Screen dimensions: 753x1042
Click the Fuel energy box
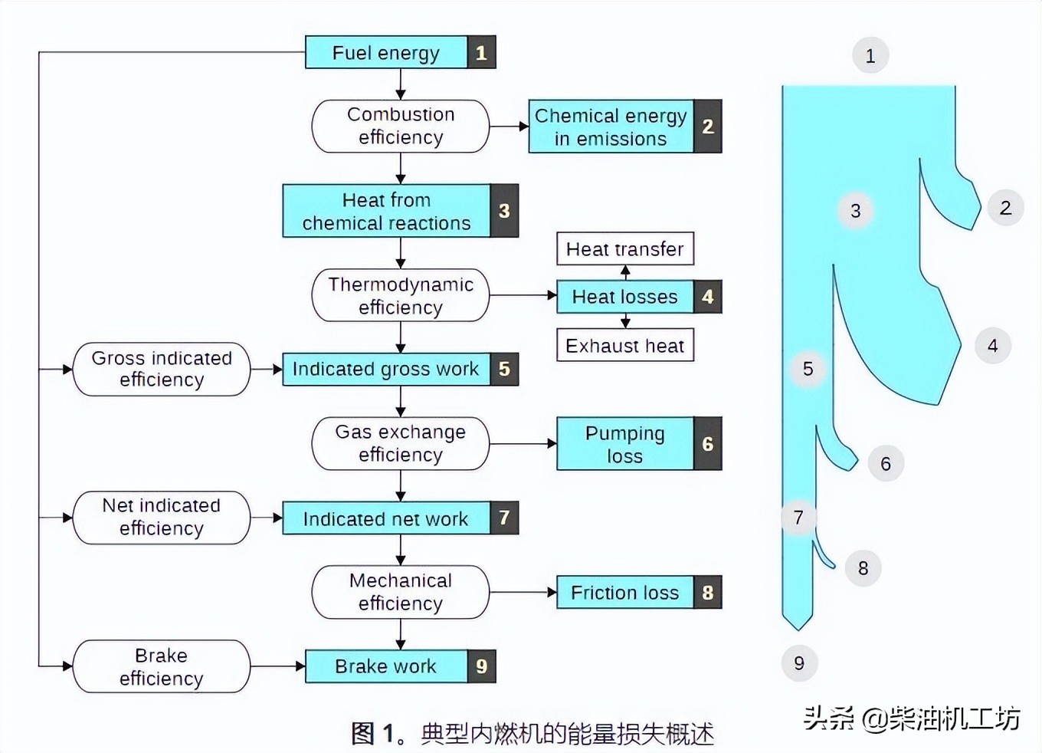click(x=386, y=52)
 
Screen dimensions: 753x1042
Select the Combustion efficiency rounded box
click(x=400, y=126)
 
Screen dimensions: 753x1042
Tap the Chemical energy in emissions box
click(x=611, y=127)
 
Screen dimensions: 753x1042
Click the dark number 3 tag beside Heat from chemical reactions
click(x=504, y=211)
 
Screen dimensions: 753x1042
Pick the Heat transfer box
click(x=624, y=248)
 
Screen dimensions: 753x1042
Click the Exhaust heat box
click(x=624, y=346)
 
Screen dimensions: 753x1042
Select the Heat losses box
click(x=624, y=297)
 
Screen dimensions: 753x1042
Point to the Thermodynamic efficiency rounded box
click(x=400, y=295)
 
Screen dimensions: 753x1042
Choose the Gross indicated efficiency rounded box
click(x=161, y=369)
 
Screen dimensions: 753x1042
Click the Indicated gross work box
click(x=385, y=369)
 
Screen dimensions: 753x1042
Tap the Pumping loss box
click(x=624, y=444)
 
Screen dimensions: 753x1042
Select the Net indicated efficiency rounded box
click(x=161, y=518)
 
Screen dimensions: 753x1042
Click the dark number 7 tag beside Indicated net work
click(x=504, y=518)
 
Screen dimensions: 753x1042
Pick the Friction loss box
click(x=624, y=593)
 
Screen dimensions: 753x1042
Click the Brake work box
click(x=385, y=666)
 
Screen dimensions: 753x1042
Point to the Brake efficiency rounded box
click(x=161, y=666)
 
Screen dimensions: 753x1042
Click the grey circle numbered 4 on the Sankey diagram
click(x=992, y=346)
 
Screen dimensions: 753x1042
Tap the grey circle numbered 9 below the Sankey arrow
click(x=799, y=663)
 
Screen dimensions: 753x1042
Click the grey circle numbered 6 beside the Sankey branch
click(x=886, y=464)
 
